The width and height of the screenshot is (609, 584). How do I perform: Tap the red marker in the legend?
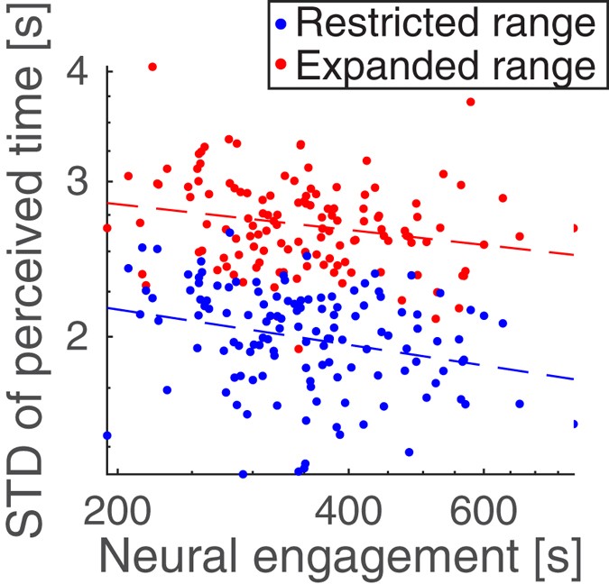tap(285, 66)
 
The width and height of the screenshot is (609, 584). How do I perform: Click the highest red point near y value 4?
tap(152, 67)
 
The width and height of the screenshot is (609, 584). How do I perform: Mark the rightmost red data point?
tap(575, 228)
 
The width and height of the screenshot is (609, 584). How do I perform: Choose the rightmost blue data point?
tap(575, 424)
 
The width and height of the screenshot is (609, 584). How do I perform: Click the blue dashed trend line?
tap(361, 347)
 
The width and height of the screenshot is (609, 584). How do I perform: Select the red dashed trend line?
tap(361, 229)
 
